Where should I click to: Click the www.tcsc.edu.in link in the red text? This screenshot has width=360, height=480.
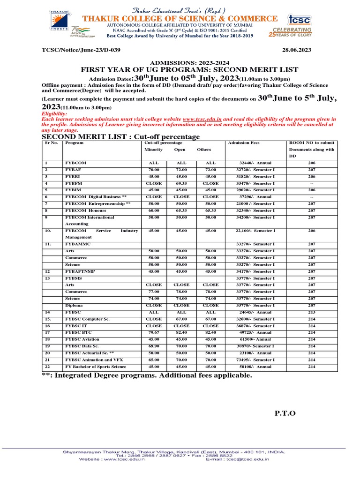(x=202, y=120)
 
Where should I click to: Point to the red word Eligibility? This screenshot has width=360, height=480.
(x=55, y=114)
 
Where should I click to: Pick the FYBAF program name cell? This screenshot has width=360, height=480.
(x=74, y=170)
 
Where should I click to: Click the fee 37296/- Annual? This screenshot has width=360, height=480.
(x=255, y=197)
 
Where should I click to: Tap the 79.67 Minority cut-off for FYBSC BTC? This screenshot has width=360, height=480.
(x=154, y=332)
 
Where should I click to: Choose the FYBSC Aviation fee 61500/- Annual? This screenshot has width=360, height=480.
(x=255, y=339)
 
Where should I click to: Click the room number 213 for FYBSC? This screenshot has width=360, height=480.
(x=312, y=312)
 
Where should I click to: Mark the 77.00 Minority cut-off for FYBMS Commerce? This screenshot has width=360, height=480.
(x=154, y=292)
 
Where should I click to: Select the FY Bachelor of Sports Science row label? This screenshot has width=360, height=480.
(x=96, y=366)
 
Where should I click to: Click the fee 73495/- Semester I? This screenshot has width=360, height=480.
(x=255, y=360)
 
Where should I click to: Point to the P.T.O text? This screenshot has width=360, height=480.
(x=285, y=412)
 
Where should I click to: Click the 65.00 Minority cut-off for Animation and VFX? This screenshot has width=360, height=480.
(x=154, y=360)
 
